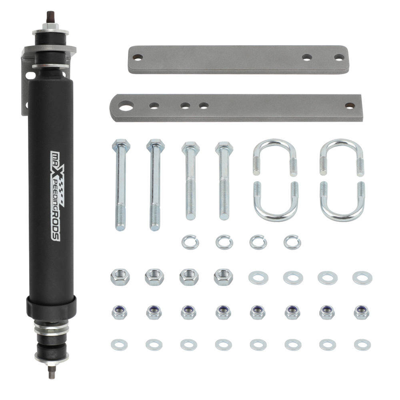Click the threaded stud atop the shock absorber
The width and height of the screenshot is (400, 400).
(51, 18)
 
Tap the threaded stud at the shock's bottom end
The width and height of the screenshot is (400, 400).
(51, 372)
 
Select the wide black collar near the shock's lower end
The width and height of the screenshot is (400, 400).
(51, 306)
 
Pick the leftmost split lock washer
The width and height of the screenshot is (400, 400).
(190, 242)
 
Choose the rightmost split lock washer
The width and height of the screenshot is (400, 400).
(292, 241)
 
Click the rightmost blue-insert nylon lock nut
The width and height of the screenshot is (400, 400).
(362, 311)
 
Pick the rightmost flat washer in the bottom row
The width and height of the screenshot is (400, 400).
(362, 344)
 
